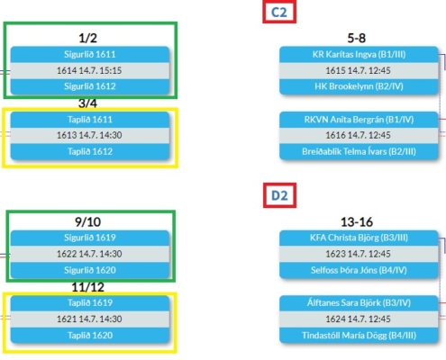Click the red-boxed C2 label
point(279,12)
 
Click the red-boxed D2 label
point(279,195)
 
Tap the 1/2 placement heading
point(87,38)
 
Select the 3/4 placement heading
point(87,103)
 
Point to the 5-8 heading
point(357,38)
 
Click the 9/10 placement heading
point(87,222)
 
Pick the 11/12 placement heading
point(87,287)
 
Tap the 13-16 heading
point(357,222)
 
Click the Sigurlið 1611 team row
point(90,54)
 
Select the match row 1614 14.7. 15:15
point(90,70)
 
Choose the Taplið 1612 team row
point(90,151)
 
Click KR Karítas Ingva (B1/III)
point(359,54)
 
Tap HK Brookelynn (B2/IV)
point(359,86)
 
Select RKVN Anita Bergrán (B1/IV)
point(359,120)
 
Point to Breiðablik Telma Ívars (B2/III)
point(359,151)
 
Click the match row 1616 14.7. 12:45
point(359,135)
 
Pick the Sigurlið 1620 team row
point(90,270)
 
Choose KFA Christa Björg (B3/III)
point(359,238)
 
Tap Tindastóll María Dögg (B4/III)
point(359,335)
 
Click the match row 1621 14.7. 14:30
point(90,319)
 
